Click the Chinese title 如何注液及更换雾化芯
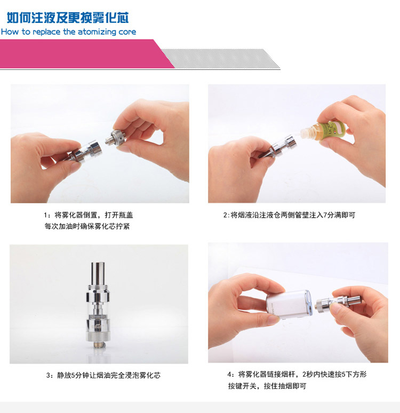tap(68, 18)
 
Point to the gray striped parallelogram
tap(221, 59)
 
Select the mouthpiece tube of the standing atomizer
tap(98, 273)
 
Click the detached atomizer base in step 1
tap(115, 137)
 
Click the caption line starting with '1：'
tap(88, 215)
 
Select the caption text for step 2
tap(289, 215)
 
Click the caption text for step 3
tap(103, 375)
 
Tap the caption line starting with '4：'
tap(297, 374)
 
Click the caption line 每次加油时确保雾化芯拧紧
tap(87, 226)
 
